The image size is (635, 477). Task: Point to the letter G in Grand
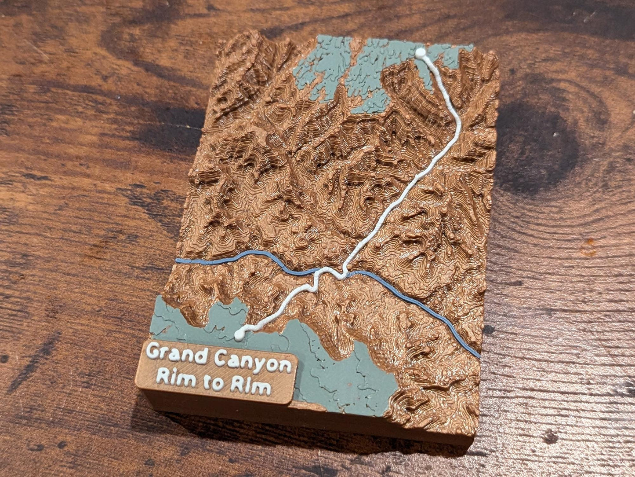tap(154, 351)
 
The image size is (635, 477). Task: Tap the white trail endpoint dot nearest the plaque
tap(239, 335)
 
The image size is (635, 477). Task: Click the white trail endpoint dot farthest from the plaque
tap(421, 53)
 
